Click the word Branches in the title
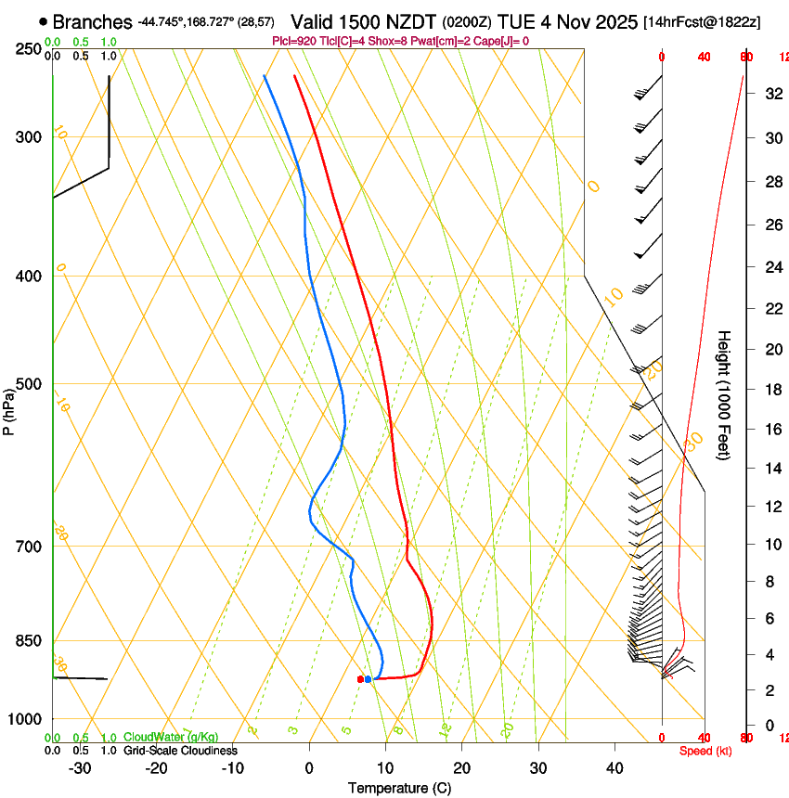pyautogui.click(x=92, y=21)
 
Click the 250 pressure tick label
pyautogui.click(x=29, y=48)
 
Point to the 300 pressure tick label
pyautogui.click(x=29, y=137)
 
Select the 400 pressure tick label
pyautogui.click(x=29, y=277)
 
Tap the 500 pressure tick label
pyautogui.click(x=29, y=384)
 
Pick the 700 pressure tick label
pyautogui.click(x=29, y=547)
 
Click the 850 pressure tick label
pyautogui.click(x=29, y=641)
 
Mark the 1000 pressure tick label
pyautogui.click(x=25, y=719)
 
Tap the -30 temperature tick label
pyautogui.click(x=80, y=767)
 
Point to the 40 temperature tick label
pyautogui.click(x=614, y=767)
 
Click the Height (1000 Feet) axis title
pyautogui.click(x=725, y=394)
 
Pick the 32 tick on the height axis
pyautogui.click(x=771, y=94)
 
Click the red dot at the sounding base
pyautogui.click(x=360, y=679)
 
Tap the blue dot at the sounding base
pyautogui.click(x=369, y=679)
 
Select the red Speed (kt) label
pyautogui.click(x=705, y=750)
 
